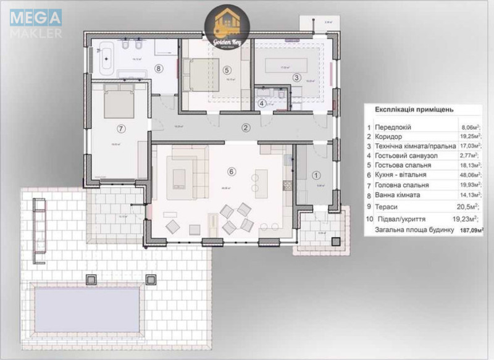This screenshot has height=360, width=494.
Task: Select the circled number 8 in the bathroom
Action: tap(159, 69)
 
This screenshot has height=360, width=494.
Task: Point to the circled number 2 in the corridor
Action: tap(246, 128)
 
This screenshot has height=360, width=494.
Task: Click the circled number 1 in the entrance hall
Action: tap(316, 175)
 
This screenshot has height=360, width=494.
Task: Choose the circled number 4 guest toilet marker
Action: tap(262, 103)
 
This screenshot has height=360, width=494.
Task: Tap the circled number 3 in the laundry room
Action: tap(296, 77)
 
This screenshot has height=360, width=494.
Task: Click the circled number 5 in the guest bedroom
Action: tap(227, 69)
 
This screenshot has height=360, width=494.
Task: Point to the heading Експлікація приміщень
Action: tap(414, 109)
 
